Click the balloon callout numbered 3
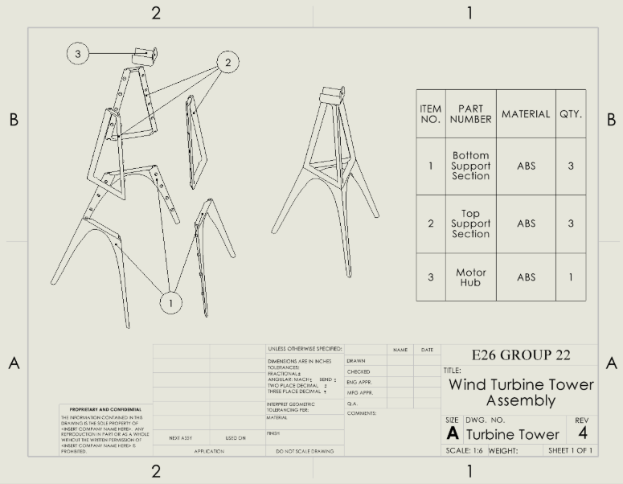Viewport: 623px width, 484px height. pyautogui.click(x=78, y=54)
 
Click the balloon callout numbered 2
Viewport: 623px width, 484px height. pyautogui.click(x=227, y=62)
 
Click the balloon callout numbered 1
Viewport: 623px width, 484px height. pyautogui.click(x=170, y=303)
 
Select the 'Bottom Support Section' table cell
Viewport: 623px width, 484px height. pyautogui.click(x=470, y=166)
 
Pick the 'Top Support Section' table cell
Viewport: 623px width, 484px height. pyautogui.click(x=470, y=224)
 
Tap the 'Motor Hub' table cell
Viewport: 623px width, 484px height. pyautogui.click(x=470, y=277)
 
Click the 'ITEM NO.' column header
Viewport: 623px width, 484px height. pyautogui.click(x=431, y=114)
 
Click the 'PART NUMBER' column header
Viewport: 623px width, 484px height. pyautogui.click(x=470, y=114)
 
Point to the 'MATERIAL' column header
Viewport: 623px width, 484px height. pyautogui.click(x=526, y=114)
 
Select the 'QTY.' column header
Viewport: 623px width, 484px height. pyautogui.click(x=571, y=114)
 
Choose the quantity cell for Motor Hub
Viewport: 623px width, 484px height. pyautogui.click(x=571, y=277)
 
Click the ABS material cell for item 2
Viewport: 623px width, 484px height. pyautogui.click(x=526, y=224)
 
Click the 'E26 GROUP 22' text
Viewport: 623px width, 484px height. pyautogui.click(x=520, y=355)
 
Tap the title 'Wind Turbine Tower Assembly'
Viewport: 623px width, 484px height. pyautogui.click(x=520, y=392)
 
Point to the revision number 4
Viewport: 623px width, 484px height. pyautogui.click(x=581, y=433)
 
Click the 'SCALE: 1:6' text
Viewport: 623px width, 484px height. pyautogui.click(x=465, y=450)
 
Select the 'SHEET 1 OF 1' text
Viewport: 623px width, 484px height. pyautogui.click(x=570, y=450)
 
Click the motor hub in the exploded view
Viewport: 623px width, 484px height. pyautogui.click(x=145, y=55)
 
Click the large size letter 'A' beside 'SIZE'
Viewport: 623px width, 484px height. pyautogui.click(x=453, y=433)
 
